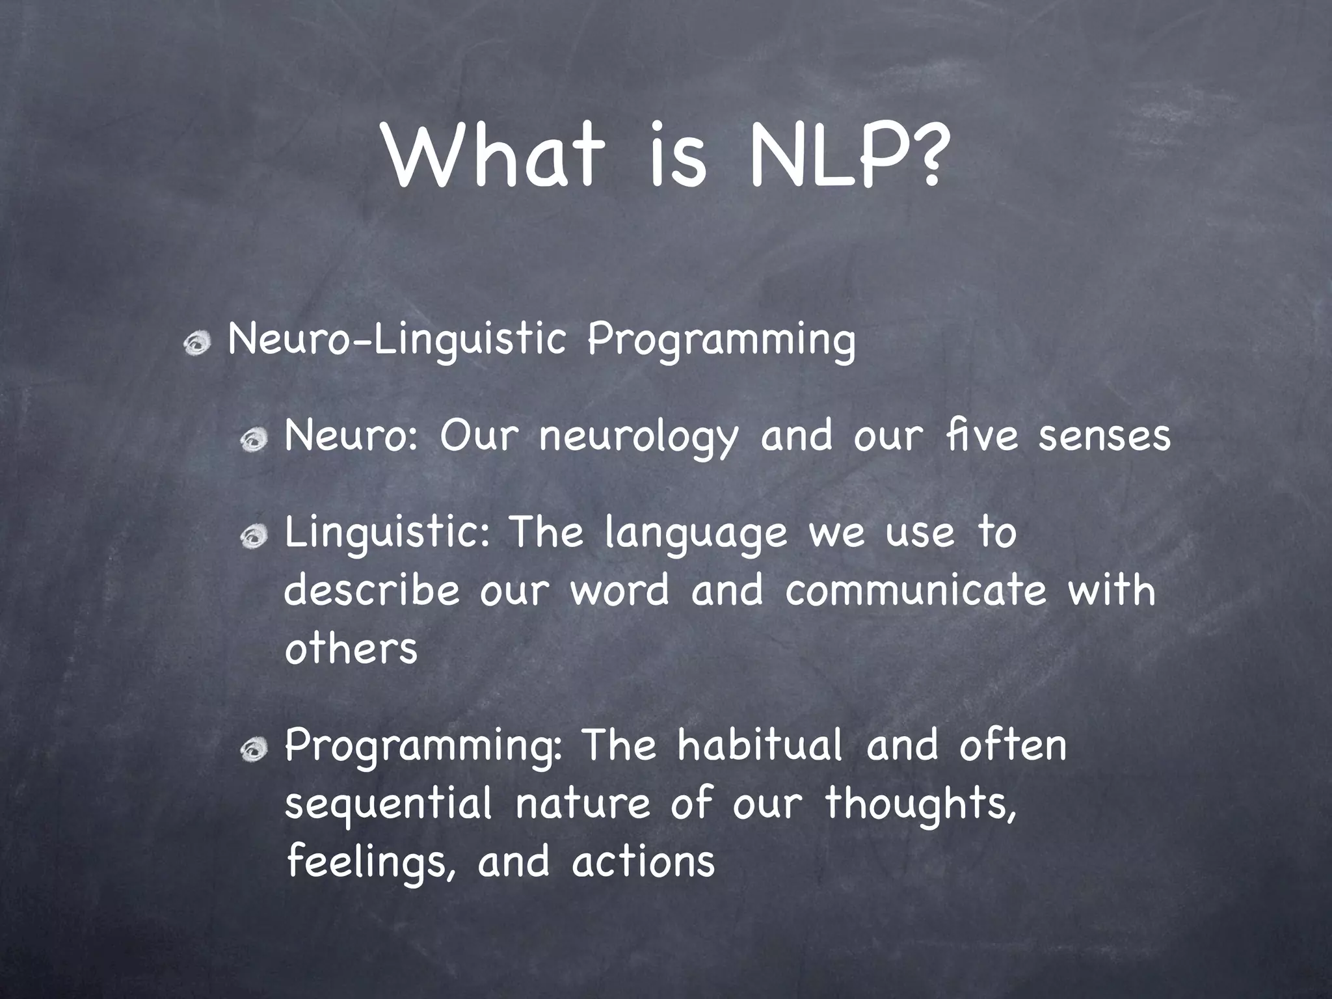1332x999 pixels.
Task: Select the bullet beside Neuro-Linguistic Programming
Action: tap(198, 344)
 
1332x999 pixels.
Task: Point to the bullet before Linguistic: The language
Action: tap(254, 537)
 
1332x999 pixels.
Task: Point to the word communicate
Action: tap(916, 591)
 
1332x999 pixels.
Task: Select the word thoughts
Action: tap(920, 804)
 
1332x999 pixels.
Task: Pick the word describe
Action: tap(371, 591)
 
